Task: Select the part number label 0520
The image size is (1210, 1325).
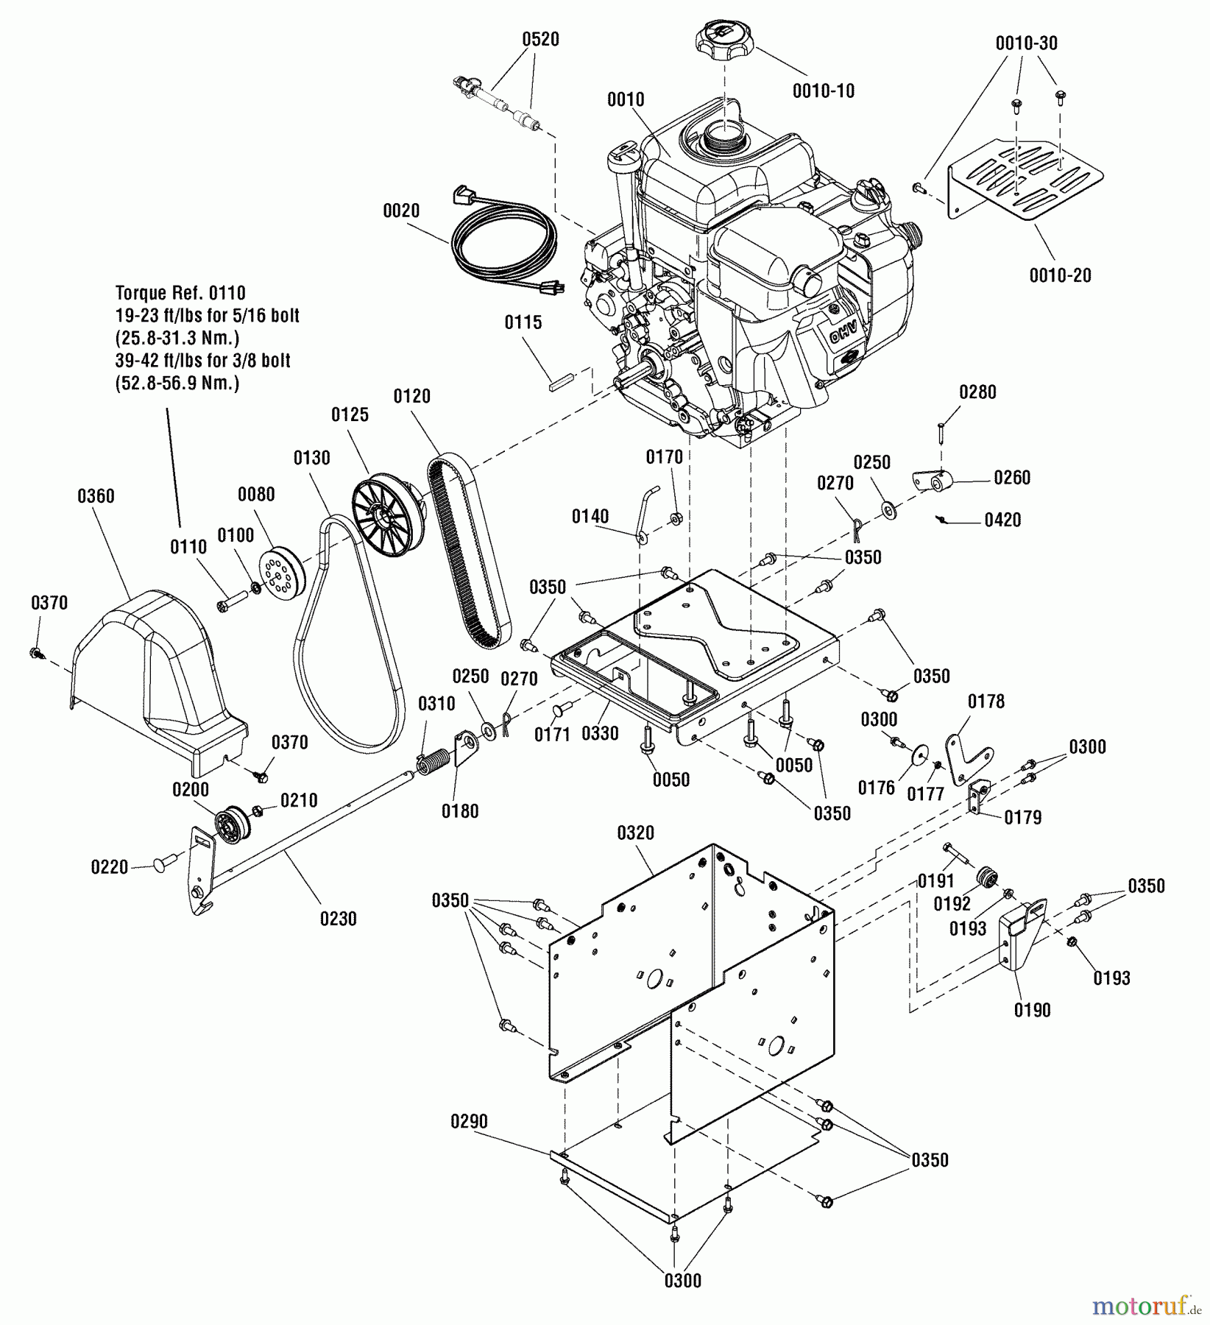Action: [540, 39]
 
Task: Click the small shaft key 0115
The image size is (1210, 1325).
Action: [559, 381]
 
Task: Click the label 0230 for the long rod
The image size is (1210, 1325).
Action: [338, 919]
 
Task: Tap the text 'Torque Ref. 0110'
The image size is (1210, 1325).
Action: [180, 293]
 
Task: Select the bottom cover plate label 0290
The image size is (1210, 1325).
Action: [469, 1121]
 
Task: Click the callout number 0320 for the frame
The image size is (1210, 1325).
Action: [635, 833]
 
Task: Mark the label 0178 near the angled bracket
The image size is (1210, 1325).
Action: [986, 701]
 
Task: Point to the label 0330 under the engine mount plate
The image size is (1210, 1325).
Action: [600, 733]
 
